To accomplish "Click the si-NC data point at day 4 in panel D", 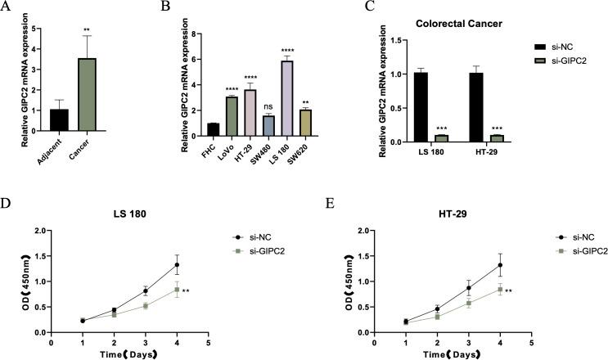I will pyautogui.click(x=176, y=264).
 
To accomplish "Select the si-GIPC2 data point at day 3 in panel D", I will pyautogui.click(x=145, y=305).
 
